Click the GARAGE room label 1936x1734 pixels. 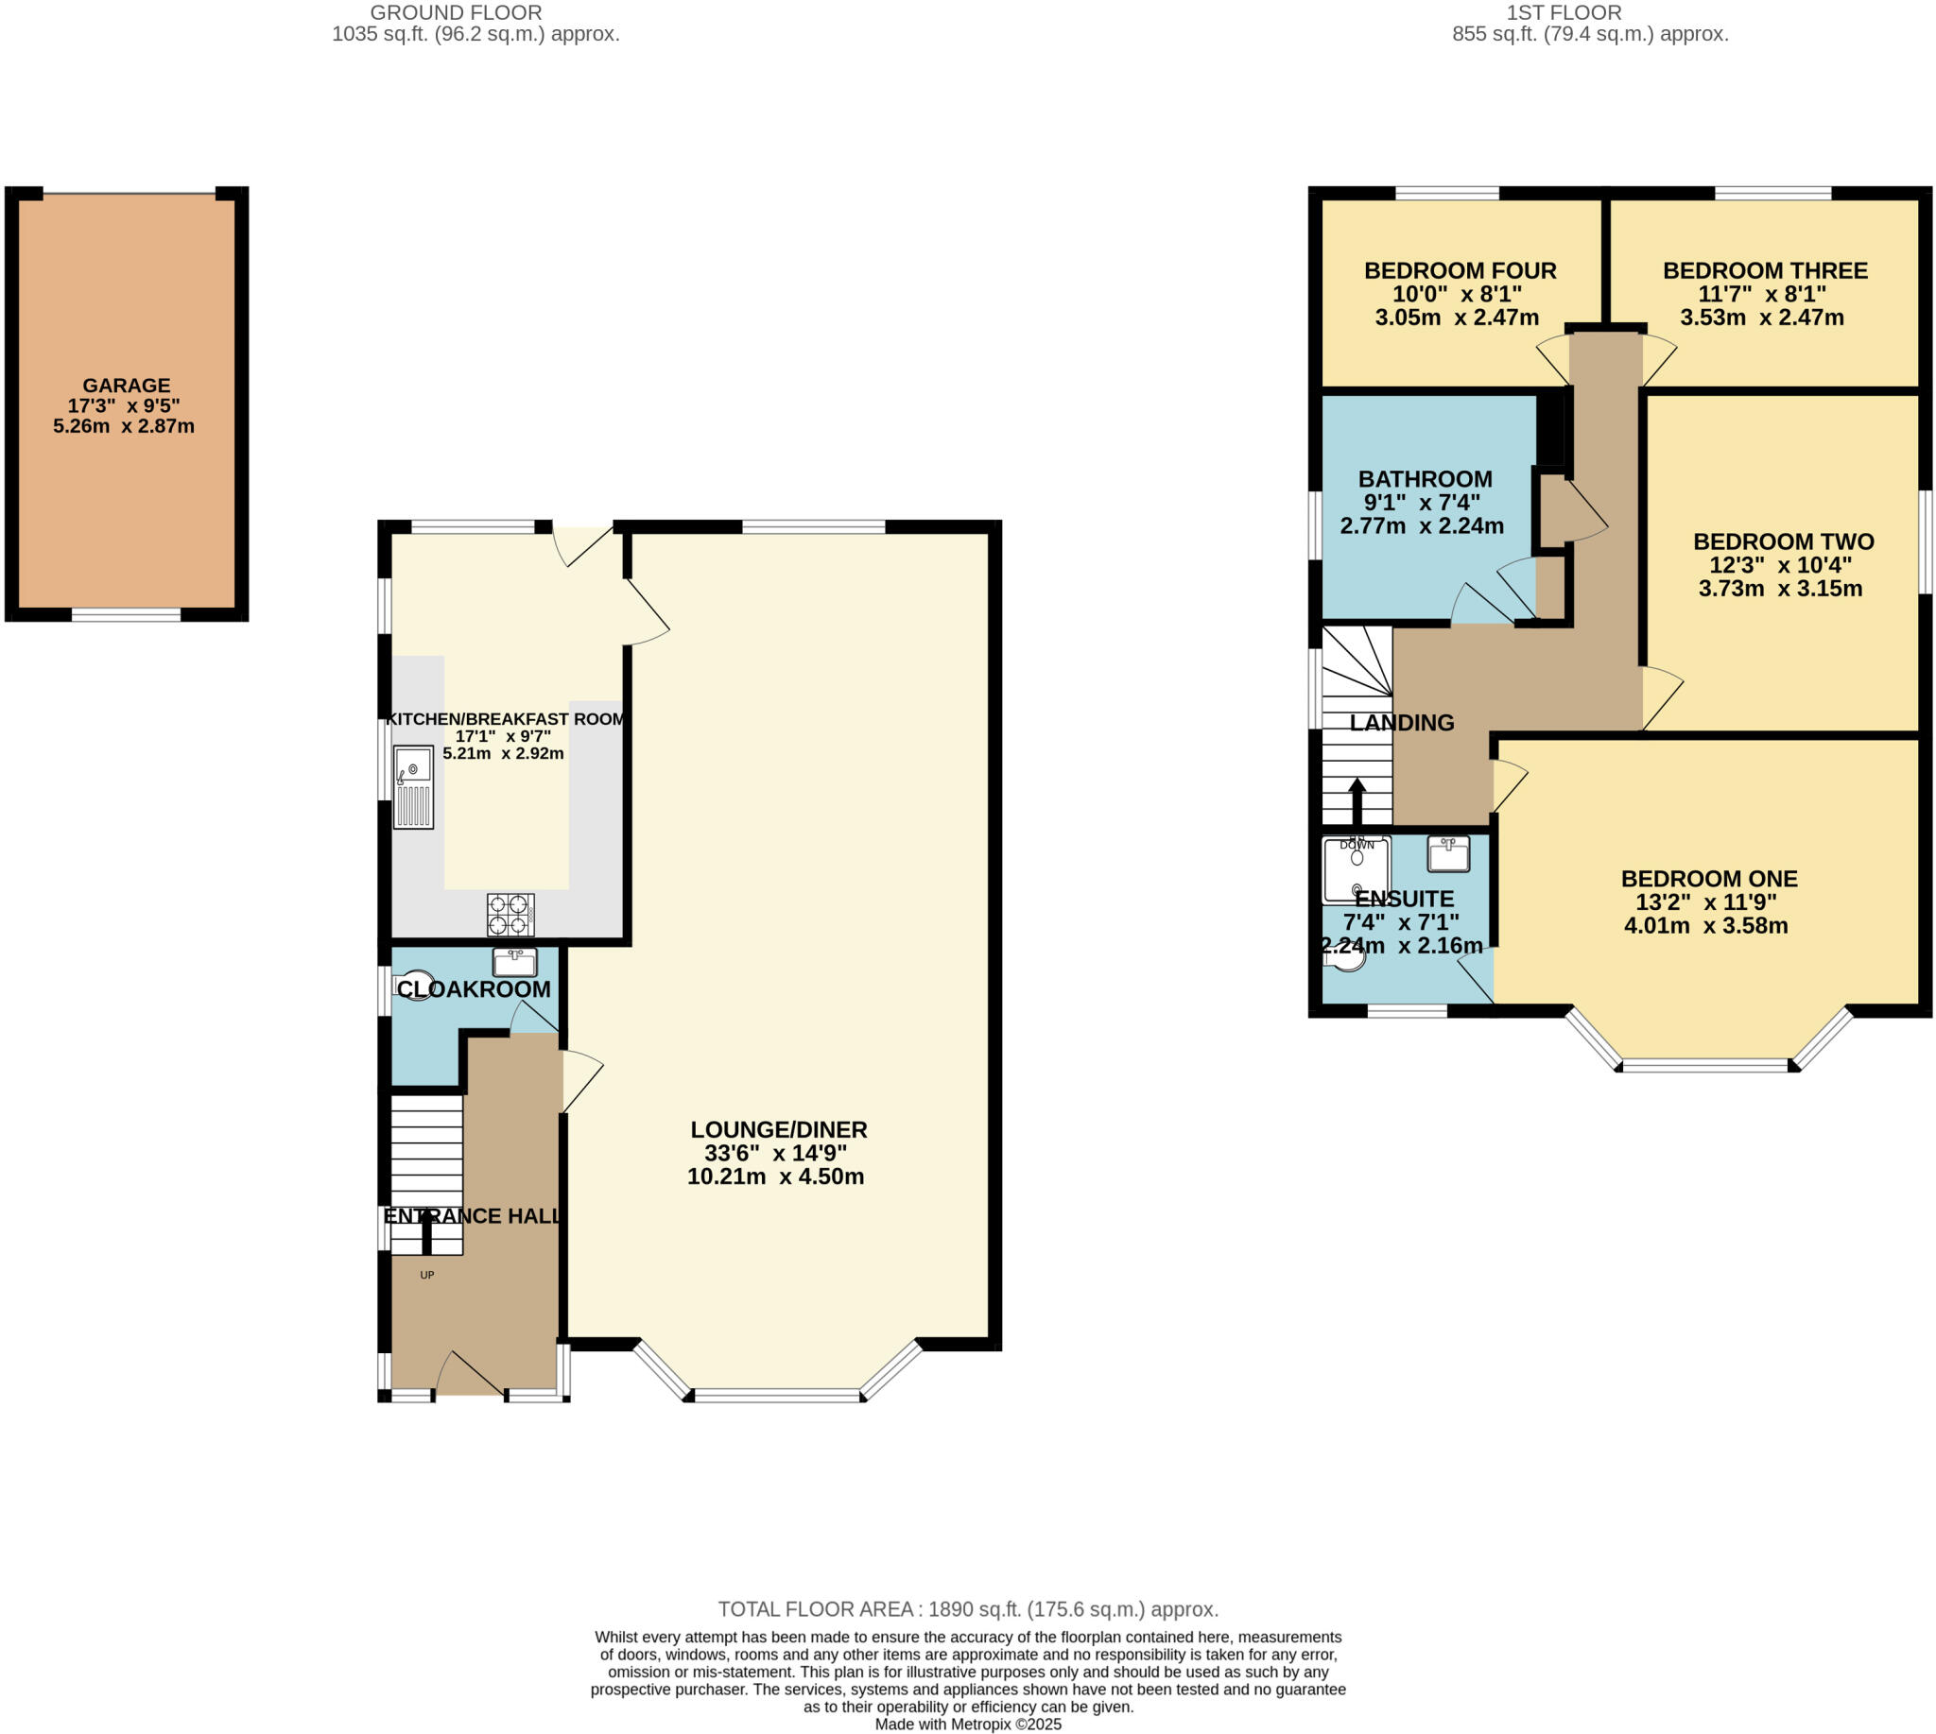[126, 386]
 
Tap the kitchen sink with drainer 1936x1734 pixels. [414, 787]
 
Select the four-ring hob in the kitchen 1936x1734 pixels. [510, 915]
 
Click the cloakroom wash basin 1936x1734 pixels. [515, 961]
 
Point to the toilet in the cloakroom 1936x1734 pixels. [412, 984]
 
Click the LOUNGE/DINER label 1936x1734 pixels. [778, 1130]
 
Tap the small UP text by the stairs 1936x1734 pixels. [427, 1275]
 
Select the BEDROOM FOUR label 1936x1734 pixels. [1460, 270]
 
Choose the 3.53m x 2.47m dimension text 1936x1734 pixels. [1760, 318]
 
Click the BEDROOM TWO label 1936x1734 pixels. [1783, 541]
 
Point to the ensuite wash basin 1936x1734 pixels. [1448, 853]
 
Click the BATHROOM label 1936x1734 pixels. [1425, 479]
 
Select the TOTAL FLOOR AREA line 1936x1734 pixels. [967, 1609]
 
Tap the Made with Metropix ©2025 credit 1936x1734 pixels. [967, 1724]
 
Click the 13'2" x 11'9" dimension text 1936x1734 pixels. [1705, 902]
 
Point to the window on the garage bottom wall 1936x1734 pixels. [126, 615]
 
